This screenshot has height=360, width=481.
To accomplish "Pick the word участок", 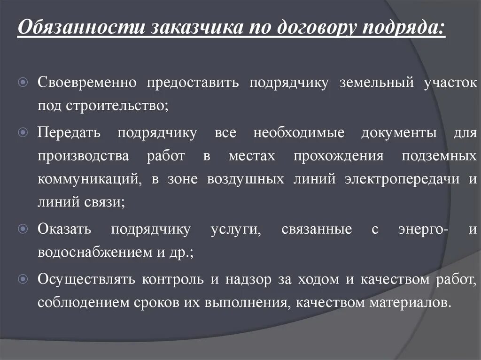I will point(450,83).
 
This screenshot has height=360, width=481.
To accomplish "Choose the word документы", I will point(399,133).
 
